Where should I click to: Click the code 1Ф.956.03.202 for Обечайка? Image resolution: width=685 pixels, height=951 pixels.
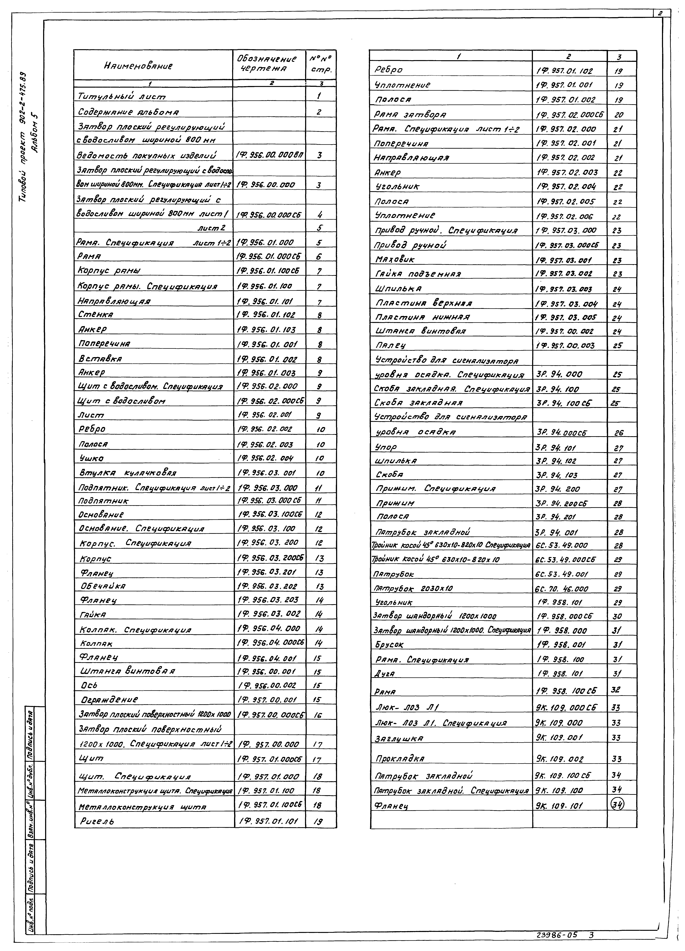point(267,586)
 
